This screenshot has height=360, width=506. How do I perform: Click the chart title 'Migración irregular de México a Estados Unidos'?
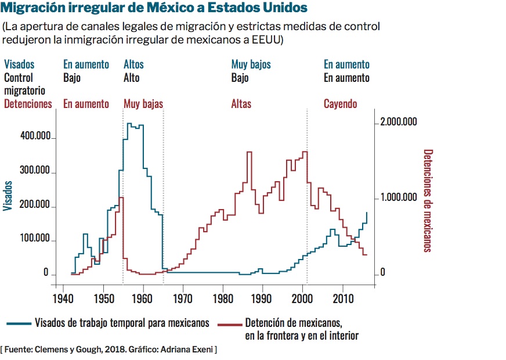point(156,9)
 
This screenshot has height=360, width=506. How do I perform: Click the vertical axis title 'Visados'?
point(8,196)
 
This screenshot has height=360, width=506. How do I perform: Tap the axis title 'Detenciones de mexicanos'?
point(428,201)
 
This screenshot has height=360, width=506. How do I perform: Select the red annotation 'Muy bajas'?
point(143,104)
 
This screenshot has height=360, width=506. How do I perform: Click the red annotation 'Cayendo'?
point(340,104)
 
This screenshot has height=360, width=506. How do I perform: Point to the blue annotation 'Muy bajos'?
point(251,64)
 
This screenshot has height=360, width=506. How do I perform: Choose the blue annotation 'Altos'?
point(133,64)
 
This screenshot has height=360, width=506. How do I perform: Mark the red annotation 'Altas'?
point(241,104)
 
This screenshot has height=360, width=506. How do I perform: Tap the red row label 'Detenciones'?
point(28,104)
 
